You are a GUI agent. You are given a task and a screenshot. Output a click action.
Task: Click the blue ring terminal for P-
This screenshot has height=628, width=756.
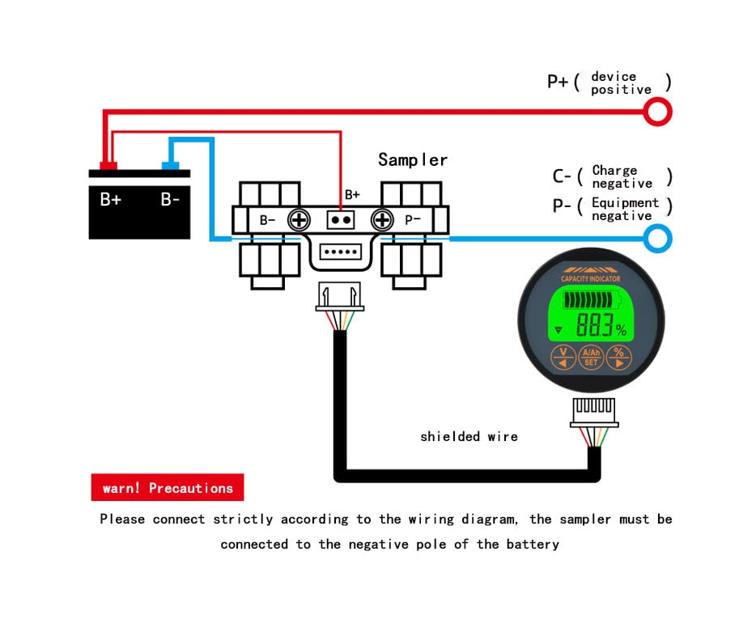pos(659,238)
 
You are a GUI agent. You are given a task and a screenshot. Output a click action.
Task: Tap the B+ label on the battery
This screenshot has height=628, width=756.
pos(111,199)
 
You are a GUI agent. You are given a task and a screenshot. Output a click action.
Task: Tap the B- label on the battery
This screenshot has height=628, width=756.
pos(170,199)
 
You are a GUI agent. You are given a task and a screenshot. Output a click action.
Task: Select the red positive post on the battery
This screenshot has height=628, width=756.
pos(108,166)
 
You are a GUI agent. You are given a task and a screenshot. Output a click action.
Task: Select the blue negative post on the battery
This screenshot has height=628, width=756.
pos(170,166)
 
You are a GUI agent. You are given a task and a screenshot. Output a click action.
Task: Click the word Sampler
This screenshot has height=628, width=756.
pos(412,159)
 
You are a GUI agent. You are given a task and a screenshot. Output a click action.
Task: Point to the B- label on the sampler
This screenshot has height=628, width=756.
pos(268,220)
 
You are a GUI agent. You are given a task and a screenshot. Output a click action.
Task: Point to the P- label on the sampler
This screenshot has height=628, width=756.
pos(413,220)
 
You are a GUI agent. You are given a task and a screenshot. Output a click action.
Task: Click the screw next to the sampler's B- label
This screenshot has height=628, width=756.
pos(299,220)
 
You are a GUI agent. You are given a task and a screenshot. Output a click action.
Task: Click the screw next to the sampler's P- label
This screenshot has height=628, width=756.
pos(381,220)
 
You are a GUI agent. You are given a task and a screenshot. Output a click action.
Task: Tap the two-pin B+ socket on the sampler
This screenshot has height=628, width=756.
pos(341,220)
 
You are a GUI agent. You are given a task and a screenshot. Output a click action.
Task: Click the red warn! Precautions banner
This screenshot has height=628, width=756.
pos(168,488)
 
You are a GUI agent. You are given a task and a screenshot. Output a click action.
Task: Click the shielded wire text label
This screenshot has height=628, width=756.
pos(469,436)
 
